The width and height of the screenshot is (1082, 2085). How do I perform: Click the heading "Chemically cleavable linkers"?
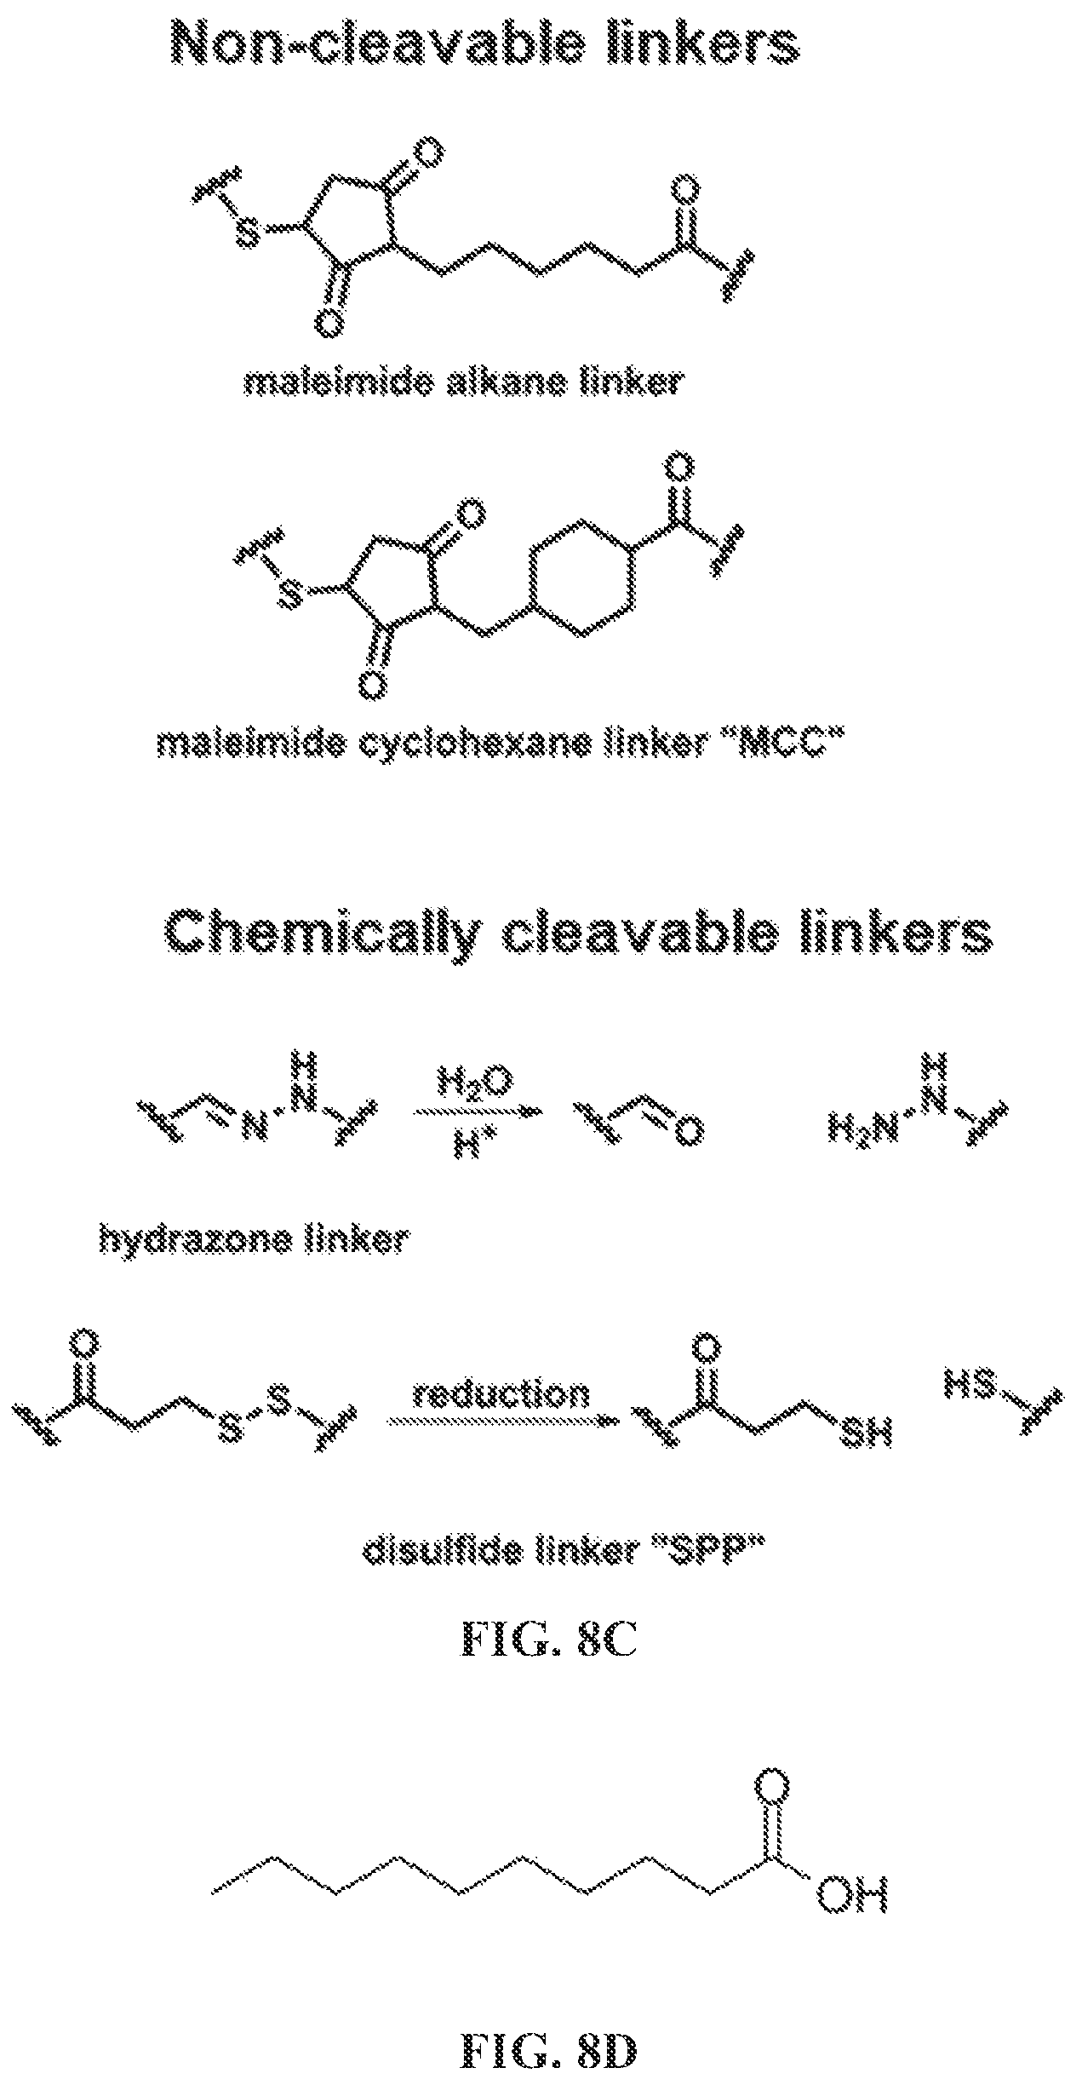point(577,933)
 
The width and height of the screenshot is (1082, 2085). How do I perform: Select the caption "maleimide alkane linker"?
point(461,382)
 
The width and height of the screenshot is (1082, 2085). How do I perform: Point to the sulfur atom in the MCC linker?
point(290,594)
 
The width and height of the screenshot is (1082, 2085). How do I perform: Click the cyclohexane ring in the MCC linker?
point(581,578)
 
